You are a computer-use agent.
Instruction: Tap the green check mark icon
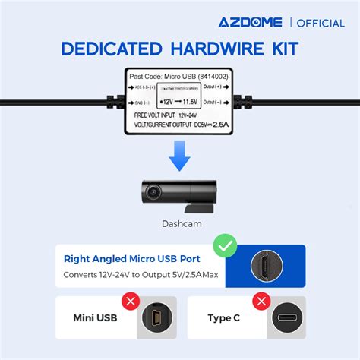point(226,245)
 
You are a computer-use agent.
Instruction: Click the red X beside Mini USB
point(131,302)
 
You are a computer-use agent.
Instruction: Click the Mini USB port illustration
point(155,317)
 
